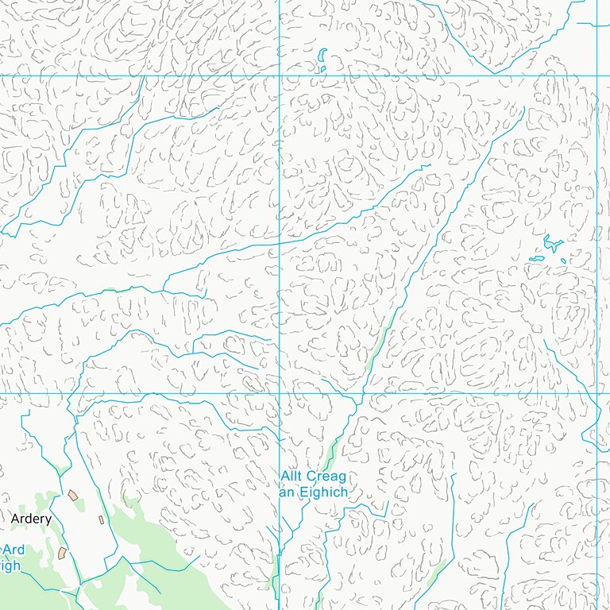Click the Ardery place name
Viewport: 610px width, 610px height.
(x=32, y=519)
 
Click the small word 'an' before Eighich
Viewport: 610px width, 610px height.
(x=287, y=492)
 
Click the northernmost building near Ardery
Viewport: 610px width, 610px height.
(x=73, y=495)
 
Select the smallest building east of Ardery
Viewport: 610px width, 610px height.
(x=101, y=519)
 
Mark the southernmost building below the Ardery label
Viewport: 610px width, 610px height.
(x=63, y=551)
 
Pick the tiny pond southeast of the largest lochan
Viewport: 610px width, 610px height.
(x=564, y=261)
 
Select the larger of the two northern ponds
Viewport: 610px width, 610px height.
(x=322, y=56)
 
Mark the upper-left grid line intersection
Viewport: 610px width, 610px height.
(x=280, y=76)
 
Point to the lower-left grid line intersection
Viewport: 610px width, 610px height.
(x=280, y=393)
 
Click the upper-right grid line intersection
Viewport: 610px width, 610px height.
(x=596, y=76)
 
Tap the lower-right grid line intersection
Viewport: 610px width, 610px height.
(x=596, y=393)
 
